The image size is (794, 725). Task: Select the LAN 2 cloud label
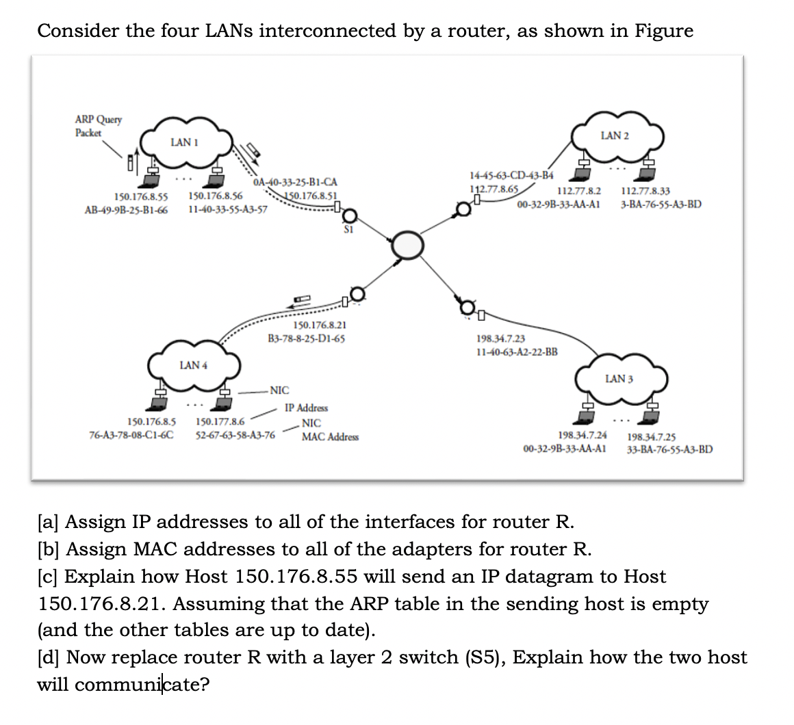tap(614, 135)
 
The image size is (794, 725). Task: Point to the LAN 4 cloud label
tap(193, 365)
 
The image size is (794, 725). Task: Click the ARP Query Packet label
tap(99, 126)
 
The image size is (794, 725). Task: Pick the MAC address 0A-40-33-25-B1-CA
tap(294, 183)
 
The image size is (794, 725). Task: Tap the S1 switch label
tap(348, 230)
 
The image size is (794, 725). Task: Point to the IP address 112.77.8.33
tap(645, 192)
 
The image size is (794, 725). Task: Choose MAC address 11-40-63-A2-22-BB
tap(516, 352)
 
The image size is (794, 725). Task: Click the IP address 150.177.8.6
tap(220, 422)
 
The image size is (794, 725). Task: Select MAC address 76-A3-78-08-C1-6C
tap(131, 434)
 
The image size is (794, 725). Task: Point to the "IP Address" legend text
tap(306, 408)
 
